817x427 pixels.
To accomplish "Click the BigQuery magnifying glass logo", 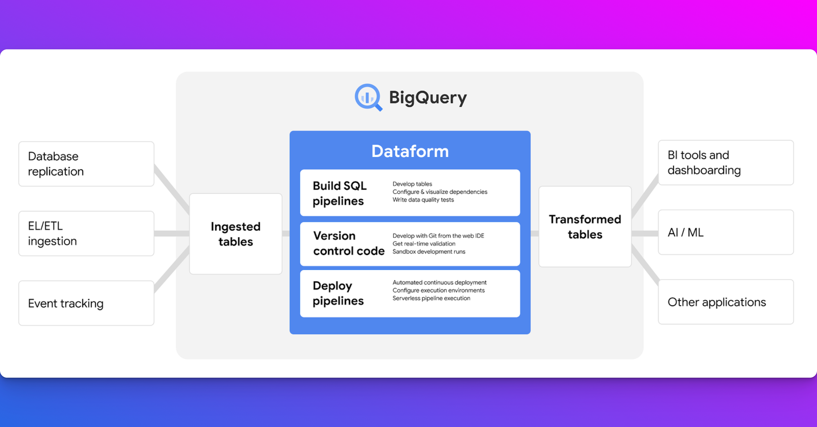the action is [x=368, y=97].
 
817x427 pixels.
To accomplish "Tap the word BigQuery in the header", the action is [x=428, y=98].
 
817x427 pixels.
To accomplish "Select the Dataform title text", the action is [x=410, y=151].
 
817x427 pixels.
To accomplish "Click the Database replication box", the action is [x=86, y=164].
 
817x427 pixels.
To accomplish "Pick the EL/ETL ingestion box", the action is [x=86, y=233].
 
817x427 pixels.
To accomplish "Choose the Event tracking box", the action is [x=86, y=303].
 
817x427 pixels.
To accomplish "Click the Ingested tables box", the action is [x=236, y=234].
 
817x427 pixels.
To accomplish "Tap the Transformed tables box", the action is [x=585, y=227].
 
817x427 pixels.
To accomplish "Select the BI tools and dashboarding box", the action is [x=725, y=163].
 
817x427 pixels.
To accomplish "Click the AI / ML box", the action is [x=725, y=232].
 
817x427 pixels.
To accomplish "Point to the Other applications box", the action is [x=725, y=302].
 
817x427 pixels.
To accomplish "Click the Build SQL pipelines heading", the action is [x=339, y=193].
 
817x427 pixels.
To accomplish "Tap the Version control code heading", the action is [x=348, y=243].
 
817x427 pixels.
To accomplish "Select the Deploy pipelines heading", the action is [x=338, y=293].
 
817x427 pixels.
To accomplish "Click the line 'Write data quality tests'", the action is [x=423, y=200].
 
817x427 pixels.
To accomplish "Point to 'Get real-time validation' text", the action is [x=424, y=244].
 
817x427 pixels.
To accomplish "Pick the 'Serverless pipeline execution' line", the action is [x=431, y=298].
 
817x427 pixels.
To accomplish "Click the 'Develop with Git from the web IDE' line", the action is [x=438, y=236].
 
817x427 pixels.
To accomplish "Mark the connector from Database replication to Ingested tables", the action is [x=172, y=188].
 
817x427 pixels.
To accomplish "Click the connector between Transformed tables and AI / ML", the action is [x=645, y=233].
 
